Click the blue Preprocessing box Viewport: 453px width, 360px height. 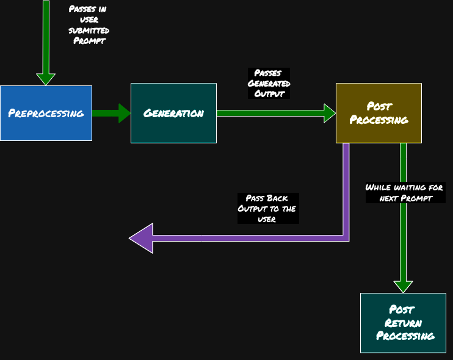coord(46,113)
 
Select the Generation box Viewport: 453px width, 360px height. coord(173,113)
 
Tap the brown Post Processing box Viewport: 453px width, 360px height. coord(379,113)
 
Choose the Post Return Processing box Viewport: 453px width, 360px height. coord(403,322)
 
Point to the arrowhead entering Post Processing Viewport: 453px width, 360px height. coord(330,113)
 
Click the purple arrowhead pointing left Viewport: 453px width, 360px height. coord(141,238)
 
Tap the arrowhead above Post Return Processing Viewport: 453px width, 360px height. coord(403,286)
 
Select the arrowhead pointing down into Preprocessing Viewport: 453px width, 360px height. coord(46,79)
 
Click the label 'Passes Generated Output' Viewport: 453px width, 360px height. coord(269,84)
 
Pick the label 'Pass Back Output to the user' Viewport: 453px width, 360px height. coord(267,209)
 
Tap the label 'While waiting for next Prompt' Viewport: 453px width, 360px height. coord(405,193)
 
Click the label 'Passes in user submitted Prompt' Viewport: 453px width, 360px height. coord(89,25)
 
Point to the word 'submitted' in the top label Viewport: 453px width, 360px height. coord(89,31)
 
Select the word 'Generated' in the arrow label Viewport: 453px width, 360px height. coord(269,84)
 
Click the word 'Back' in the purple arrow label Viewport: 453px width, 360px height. coord(277,198)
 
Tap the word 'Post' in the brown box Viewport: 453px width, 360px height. coord(379,106)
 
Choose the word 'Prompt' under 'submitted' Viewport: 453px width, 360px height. coord(89,41)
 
